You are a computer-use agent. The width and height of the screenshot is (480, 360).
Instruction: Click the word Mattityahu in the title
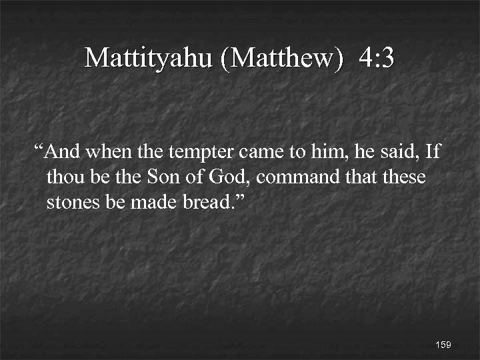(149, 59)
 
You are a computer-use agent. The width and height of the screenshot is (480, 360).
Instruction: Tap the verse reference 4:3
(376, 59)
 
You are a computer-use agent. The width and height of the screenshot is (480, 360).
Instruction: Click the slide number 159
(443, 345)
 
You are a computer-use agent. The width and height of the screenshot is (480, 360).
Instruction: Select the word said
(399, 153)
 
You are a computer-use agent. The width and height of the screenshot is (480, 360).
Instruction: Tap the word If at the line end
(433, 153)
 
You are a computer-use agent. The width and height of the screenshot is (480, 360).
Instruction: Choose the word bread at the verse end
(207, 202)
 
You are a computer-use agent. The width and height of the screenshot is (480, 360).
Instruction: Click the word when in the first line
(109, 153)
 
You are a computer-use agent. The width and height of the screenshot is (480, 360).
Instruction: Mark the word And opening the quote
(64, 153)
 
